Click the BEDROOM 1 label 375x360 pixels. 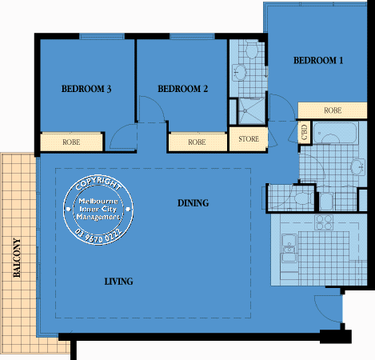(318, 60)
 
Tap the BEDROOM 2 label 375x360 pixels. (182, 89)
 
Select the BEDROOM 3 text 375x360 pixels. (86, 89)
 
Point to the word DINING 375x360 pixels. (193, 203)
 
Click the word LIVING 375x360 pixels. (118, 282)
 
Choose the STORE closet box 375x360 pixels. (248, 139)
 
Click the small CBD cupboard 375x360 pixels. (305, 132)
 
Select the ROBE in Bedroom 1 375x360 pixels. (333, 110)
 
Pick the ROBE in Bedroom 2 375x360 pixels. (197, 142)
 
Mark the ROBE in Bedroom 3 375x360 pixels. (71, 142)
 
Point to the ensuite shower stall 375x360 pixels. (248, 111)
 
